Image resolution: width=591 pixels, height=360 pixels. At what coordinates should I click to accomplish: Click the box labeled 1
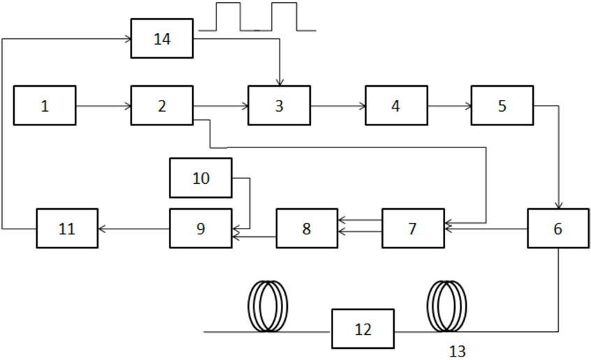(45, 106)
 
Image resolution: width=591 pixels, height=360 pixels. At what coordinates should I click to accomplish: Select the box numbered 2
(161, 106)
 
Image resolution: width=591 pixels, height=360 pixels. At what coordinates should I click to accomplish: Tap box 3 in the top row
(279, 106)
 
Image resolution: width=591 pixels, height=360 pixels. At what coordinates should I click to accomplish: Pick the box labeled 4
(396, 106)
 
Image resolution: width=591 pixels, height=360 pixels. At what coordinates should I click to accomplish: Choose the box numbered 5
(502, 106)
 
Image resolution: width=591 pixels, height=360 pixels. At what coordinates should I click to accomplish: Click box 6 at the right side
(558, 229)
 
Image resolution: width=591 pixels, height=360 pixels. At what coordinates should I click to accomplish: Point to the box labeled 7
(413, 229)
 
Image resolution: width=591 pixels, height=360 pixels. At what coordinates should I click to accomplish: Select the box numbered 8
(307, 229)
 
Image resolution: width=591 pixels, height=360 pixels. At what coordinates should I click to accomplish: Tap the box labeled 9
(200, 229)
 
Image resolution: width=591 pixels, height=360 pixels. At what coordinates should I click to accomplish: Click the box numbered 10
(200, 178)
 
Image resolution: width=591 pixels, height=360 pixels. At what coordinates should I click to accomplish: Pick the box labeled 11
(67, 229)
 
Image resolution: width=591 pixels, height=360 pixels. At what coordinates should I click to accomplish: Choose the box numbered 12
(363, 329)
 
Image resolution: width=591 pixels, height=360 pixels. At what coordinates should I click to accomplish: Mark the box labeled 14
(161, 38)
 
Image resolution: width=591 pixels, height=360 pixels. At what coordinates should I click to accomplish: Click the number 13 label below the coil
(457, 352)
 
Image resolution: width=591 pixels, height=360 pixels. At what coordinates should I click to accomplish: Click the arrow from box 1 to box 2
(103, 106)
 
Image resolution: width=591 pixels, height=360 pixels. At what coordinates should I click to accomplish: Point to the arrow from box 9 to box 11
(134, 229)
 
